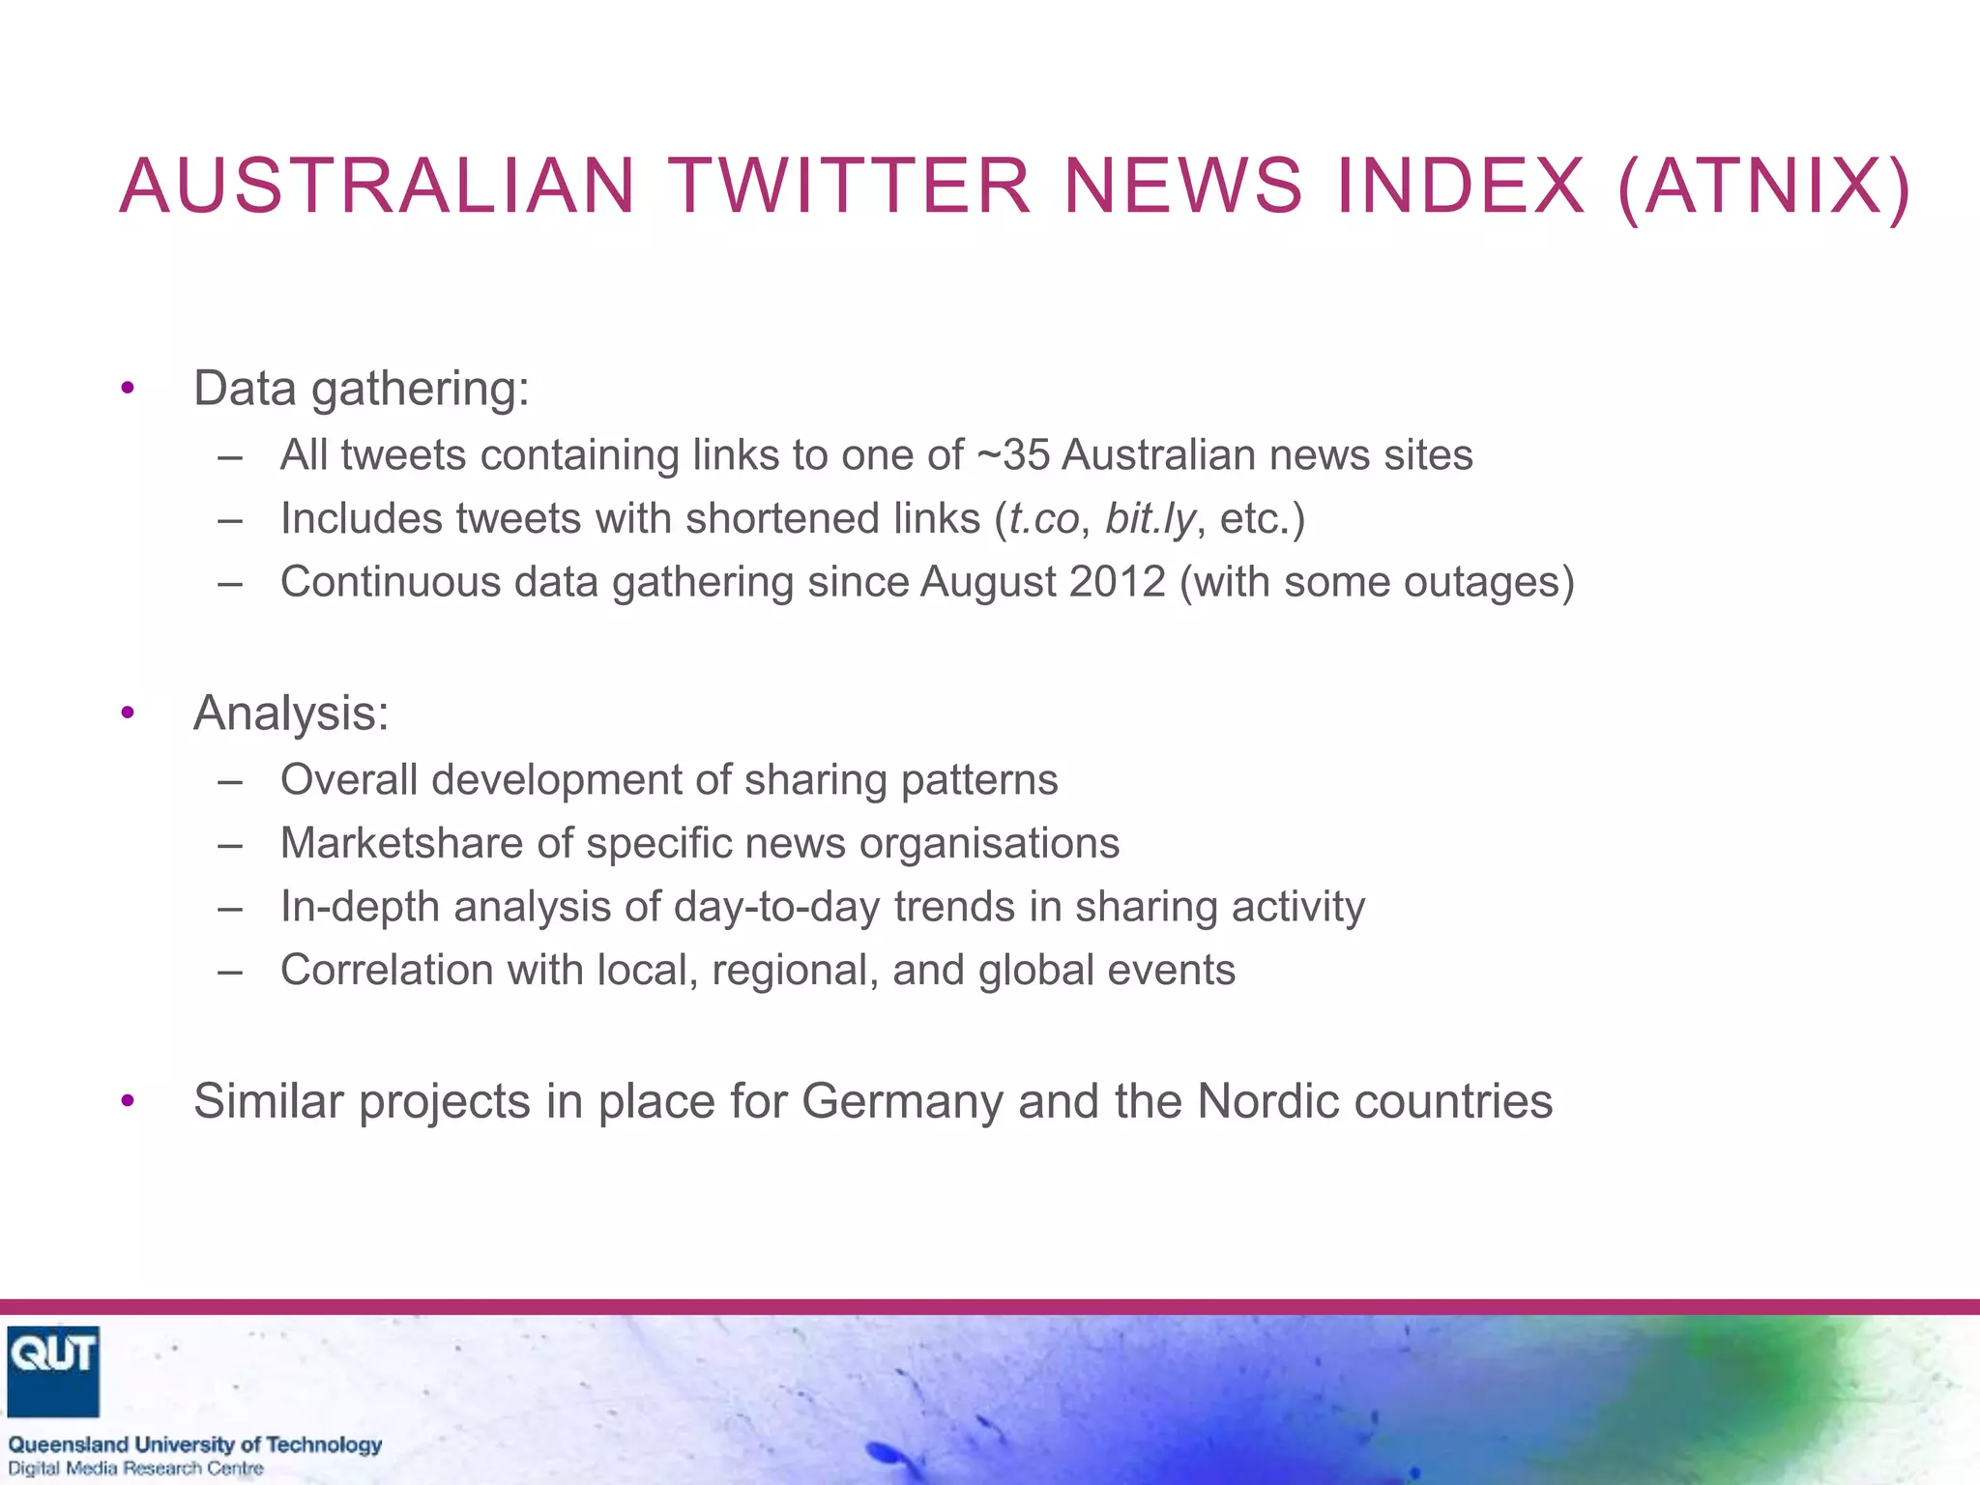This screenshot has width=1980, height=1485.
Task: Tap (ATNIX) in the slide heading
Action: pyautogui.click(x=1763, y=186)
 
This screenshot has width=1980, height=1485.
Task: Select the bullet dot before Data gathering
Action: pyautogui.click(x=128, y=390)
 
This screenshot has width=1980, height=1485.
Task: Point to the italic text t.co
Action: pyautogui.click(x=1043, y=519)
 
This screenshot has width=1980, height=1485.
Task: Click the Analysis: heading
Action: pyautogui.click(x=291, y=713)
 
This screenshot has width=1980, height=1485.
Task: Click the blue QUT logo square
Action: pyautogui.click(x=53, y=1371)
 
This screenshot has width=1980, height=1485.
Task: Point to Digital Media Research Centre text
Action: pyautogui.click(x=135, y=1469)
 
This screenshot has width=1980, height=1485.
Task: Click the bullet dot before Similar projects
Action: pyautogui.click(x=128, y=1102)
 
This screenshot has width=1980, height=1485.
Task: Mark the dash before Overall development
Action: pyautogui.click(x=230, y=781)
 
